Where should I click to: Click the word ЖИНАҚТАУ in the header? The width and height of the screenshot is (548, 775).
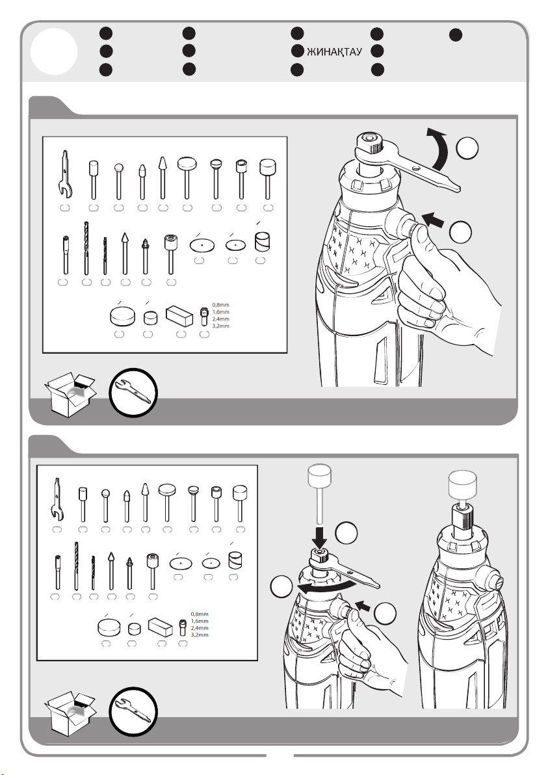coord(335,52)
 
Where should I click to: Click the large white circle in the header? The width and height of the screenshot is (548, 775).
coord(54,51)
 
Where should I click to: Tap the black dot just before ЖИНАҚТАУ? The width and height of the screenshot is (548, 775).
coord(297,51)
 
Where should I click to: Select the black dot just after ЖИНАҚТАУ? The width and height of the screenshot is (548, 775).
coord(377,51)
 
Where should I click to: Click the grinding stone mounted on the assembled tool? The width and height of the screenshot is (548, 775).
coord(462,484)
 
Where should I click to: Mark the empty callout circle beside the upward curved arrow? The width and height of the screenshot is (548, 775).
coord(467,148)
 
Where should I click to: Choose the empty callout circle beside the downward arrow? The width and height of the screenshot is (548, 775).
coord(346,533)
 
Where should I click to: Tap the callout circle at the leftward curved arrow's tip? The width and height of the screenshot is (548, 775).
coord(282,586)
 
